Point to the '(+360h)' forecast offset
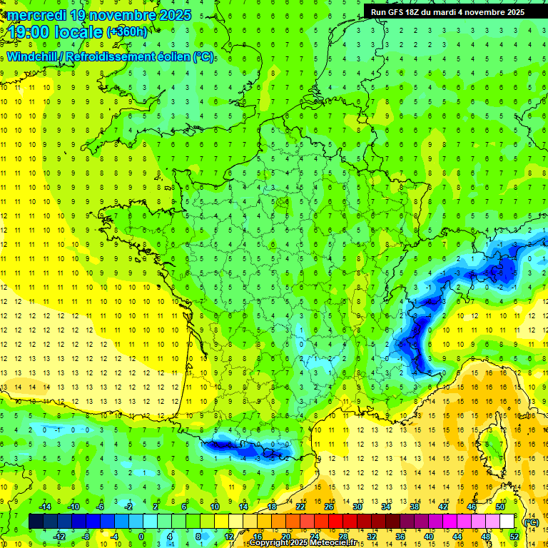[126, 32]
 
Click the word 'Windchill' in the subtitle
[35, 56]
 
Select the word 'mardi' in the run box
[461, 12]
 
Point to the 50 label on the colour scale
[500, 507]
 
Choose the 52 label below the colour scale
[514, 537]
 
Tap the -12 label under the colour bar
[59, 537]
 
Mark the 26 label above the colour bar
[329, 507]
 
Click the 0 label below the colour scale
[141, 537]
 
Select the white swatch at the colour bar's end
[507, 522]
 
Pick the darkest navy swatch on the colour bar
[36, 522]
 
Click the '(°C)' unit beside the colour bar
[531, 522]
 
